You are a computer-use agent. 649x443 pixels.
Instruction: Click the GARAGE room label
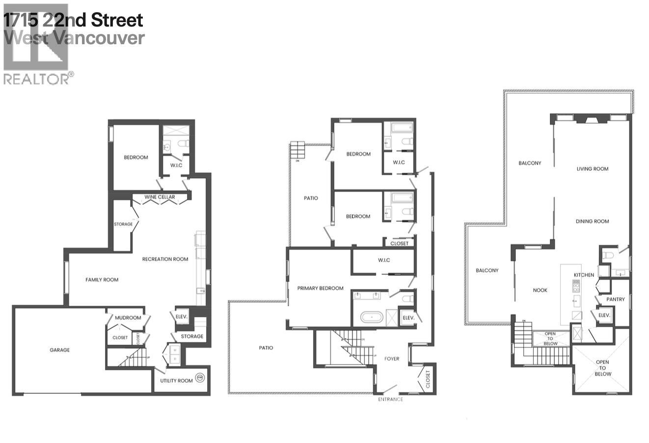[x=59, y=350]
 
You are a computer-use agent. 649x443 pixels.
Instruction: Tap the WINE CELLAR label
[x=160, y=197]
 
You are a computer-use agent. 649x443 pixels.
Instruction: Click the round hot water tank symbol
[x=199, y=378]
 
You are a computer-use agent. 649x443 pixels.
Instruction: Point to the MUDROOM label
[x=128, y=318]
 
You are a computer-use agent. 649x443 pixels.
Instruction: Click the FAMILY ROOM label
[x=102, y=280]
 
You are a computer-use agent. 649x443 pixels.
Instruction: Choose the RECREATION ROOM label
[x=165, y=259]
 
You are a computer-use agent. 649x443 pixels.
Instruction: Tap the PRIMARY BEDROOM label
[x=320, y=288]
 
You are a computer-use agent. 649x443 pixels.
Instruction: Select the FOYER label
[x=391, y=359]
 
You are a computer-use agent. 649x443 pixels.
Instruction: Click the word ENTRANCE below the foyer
[x=390, y=399]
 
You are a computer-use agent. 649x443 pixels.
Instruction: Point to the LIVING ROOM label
[x=592, y=169]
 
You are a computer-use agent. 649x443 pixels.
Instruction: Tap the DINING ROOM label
[x=592, y=221]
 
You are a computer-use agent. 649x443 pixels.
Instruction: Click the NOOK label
[x=540, y=290]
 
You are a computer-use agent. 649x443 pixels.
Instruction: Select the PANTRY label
[x=615, y=299]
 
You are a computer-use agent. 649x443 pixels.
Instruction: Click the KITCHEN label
[x=584, y=275]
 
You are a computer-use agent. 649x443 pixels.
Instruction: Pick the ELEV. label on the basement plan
[x=182, y=317]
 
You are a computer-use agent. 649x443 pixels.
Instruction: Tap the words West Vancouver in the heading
[x=74, y=38]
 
